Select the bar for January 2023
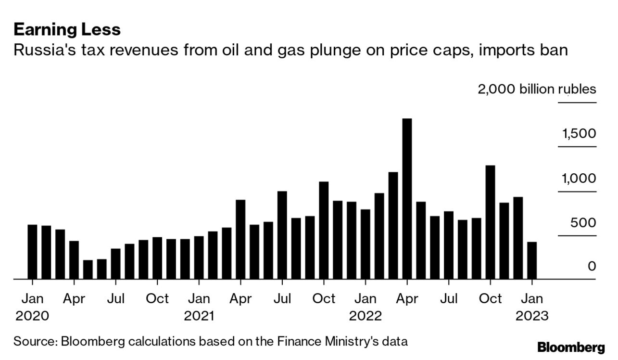click(532, 260)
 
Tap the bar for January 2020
click(32, 251)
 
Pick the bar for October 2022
click(490, 222)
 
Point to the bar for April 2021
click(240, 239)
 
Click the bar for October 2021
click(324, 230)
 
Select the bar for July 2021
click(282, 235)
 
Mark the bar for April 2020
click(74, 259)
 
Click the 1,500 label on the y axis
click(579, 133)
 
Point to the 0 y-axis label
click(592, 266)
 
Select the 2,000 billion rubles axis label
click(536, 89)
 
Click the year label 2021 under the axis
click(199, 316)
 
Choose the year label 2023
click(531, 316)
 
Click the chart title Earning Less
click(67, 30)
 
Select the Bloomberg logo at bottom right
click(571, 347)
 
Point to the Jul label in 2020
click(115, 299)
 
